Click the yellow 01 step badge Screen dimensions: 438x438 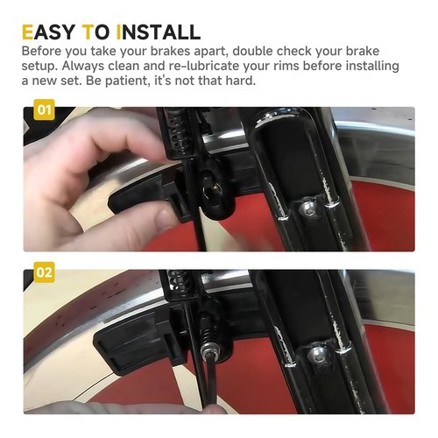[x=44, y=111]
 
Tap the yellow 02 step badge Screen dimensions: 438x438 [x=44, y=273]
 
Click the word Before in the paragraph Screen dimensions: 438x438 [x=44, y=51]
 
